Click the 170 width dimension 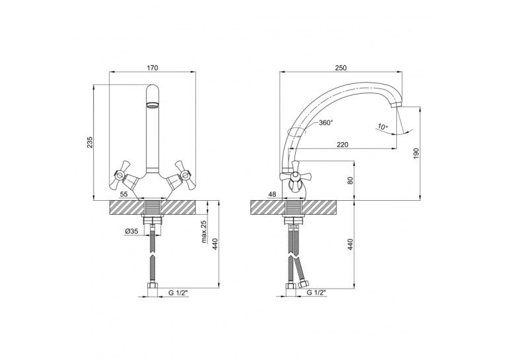point(152,67)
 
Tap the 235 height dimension point(90,142)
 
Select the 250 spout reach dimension point(341,67)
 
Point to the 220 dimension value point(343,145)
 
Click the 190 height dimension point(416,153)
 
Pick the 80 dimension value point(351,180)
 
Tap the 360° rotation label point(325,123)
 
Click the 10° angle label point(383,127)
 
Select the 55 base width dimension point(123,194)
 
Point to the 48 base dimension point(273,194)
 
